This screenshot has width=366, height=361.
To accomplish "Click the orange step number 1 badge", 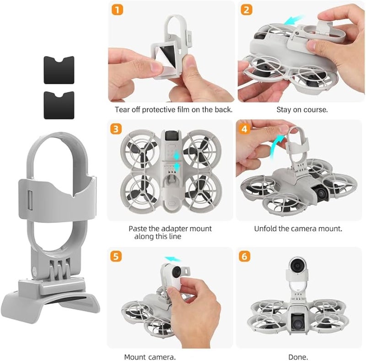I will point(118,10).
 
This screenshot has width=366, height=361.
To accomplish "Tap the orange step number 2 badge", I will point(247,10).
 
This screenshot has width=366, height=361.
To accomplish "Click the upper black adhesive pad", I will point(59,70).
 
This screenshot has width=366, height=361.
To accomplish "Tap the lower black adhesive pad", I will point(59,105).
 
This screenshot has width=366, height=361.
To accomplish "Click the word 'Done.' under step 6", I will point(298,356).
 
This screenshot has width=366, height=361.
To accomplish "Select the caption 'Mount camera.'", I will point(150,356).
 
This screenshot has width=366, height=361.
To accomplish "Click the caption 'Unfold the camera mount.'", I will point(298,228).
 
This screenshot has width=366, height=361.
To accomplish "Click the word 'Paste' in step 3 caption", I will point(137,228).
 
